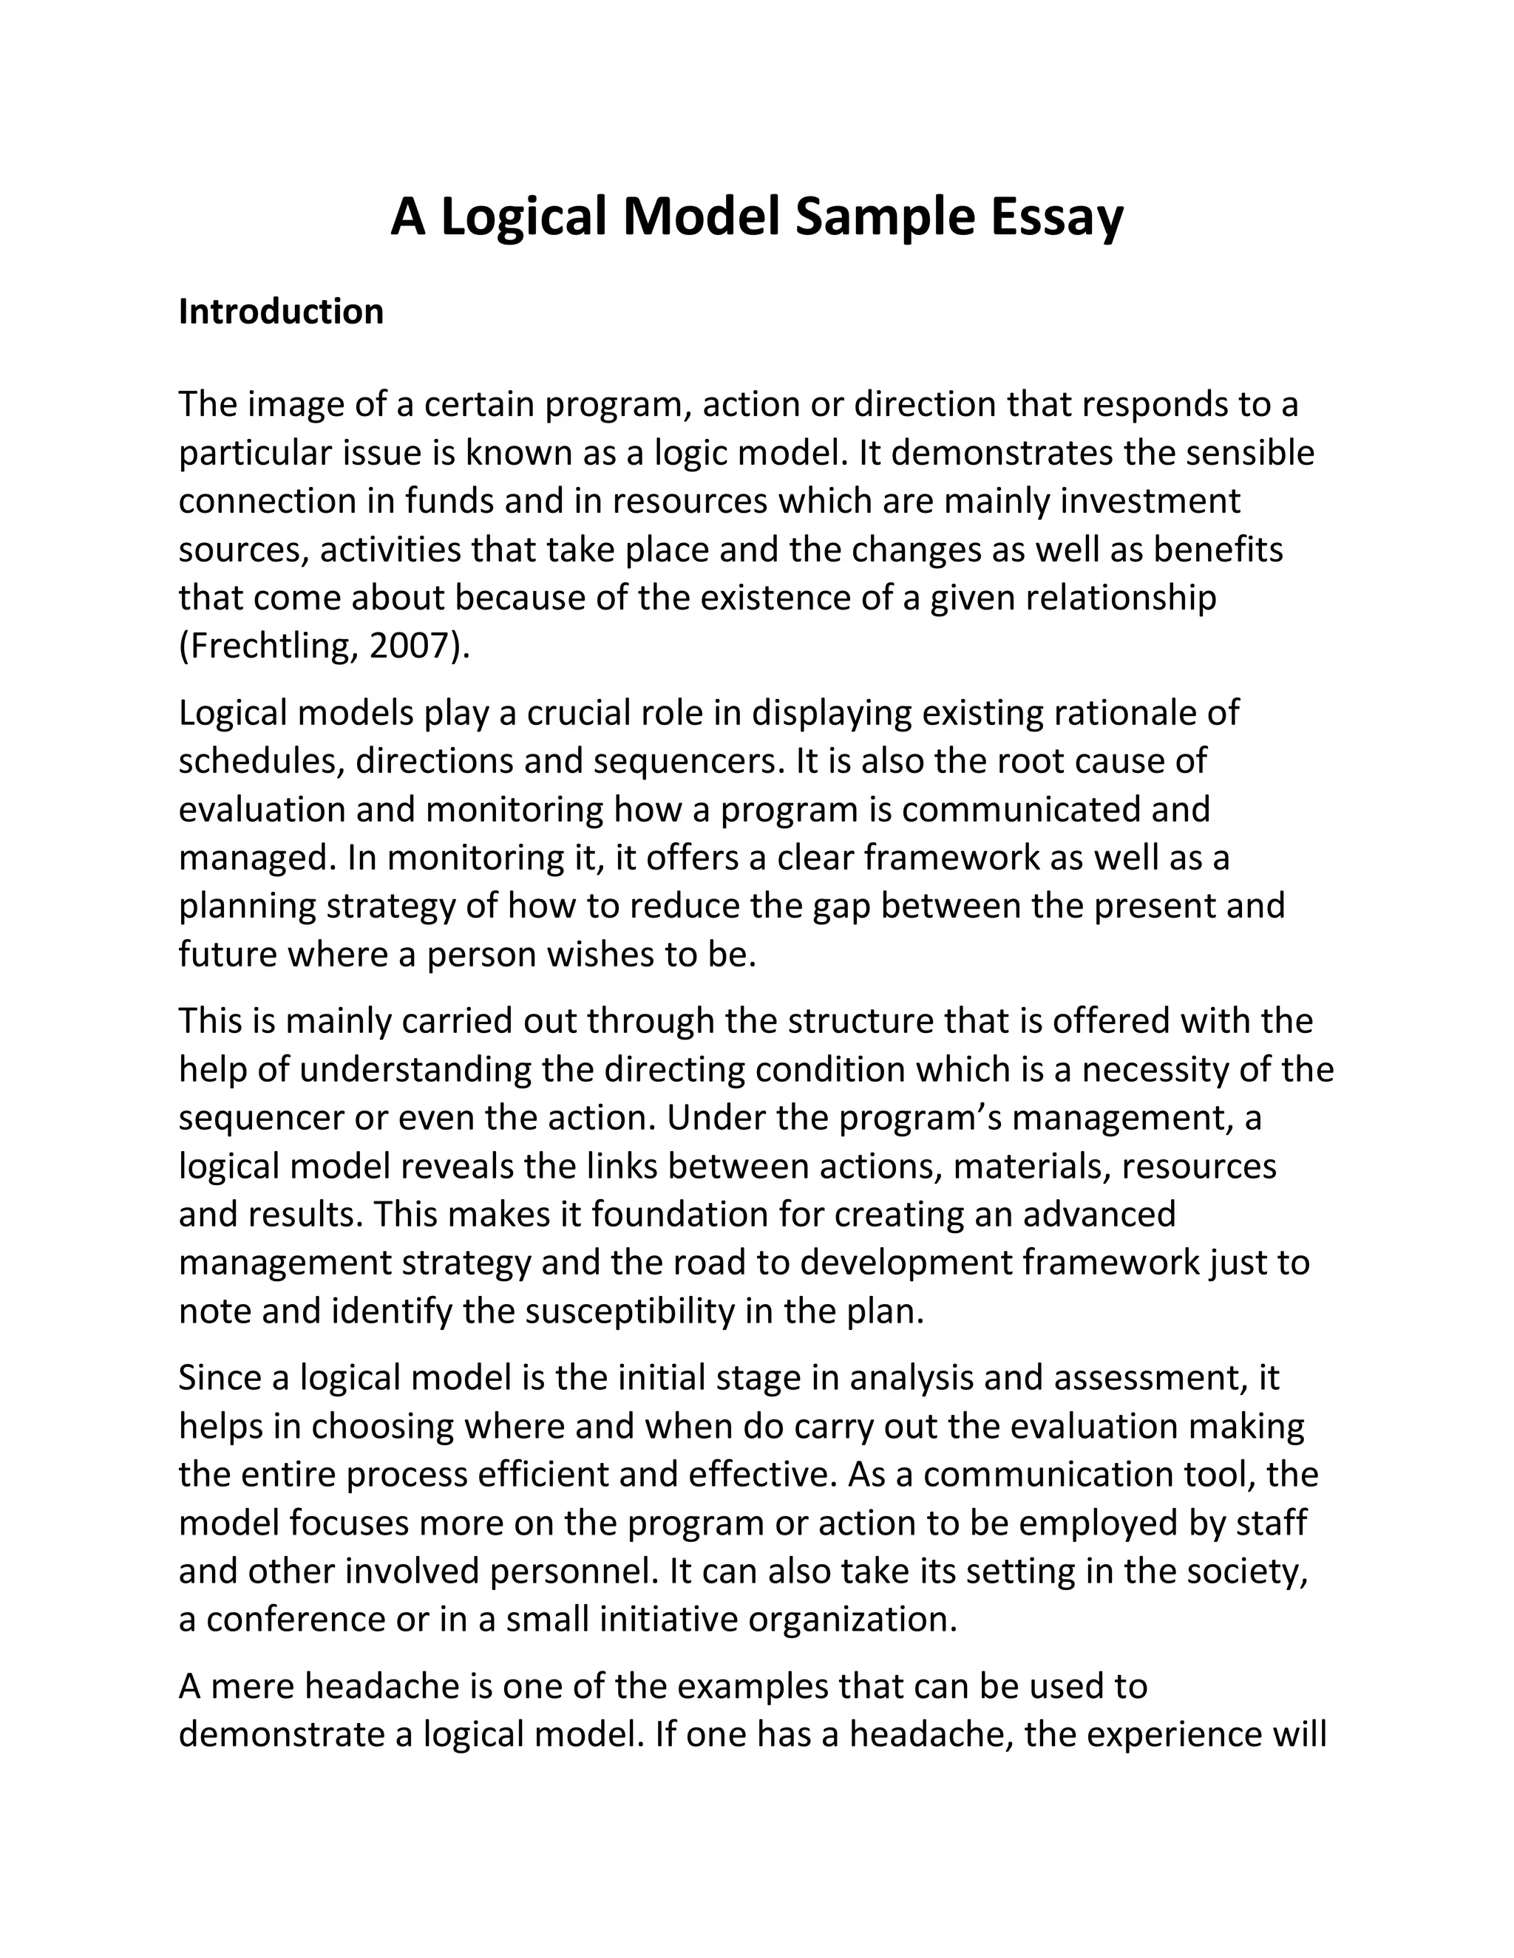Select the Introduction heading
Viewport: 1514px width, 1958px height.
tap(281, 311)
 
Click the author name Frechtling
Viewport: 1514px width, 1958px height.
tap(270, 646)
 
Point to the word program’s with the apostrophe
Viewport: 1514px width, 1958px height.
tap(921, 1117)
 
